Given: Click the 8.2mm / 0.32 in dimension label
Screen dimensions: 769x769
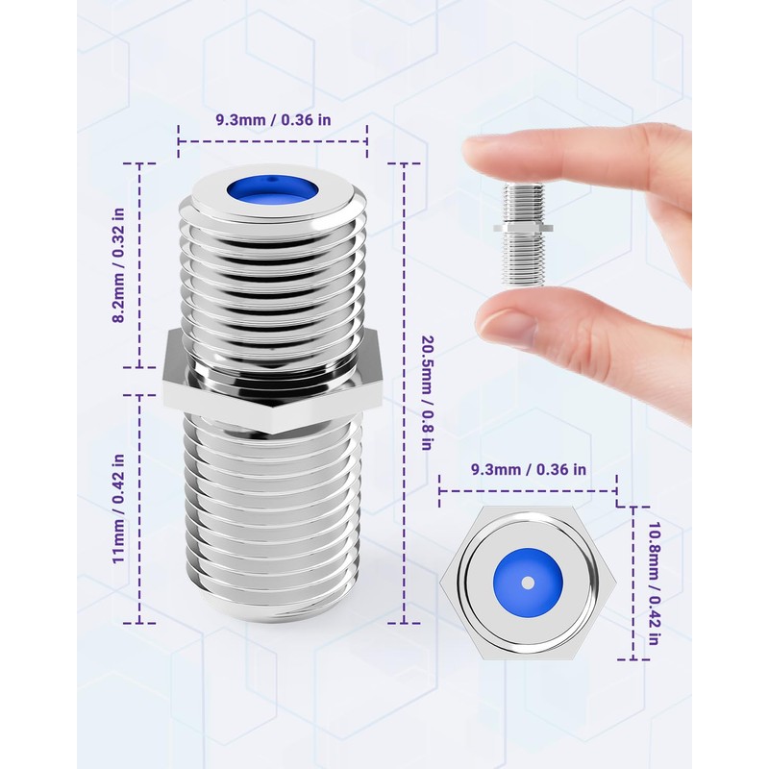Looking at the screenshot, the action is (x=118, y=265).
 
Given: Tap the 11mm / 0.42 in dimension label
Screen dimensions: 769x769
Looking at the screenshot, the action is (x=118, y=509).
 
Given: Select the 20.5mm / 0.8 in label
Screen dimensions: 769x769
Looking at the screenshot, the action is (x=427, y=393).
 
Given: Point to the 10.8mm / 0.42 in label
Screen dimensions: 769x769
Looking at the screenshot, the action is (x=654, y=583).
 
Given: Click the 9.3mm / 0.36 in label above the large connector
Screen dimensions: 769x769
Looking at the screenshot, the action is (x=274, y=120).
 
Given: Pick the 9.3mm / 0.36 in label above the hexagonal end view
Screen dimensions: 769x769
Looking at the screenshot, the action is (x=529, y=469).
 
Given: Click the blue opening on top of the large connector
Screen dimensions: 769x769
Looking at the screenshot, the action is (x=272, y=189).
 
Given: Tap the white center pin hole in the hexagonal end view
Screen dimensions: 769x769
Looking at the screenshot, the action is (x=528, y=583).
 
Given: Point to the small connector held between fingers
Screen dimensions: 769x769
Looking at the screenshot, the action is (x=523, y=234).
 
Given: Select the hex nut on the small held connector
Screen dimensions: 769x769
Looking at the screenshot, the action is (x=523, y=228).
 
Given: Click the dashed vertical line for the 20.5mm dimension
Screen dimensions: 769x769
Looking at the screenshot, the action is (x=404, y=393).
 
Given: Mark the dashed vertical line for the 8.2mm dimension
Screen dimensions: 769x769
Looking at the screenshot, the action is (x=139, y=265).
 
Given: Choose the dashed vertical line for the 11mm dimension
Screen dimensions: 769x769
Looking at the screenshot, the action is (x=139, y=509).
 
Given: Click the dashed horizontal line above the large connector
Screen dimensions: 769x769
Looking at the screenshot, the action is (x=273, y=141).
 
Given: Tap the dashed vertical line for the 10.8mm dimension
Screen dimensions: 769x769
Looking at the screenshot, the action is (x=633, y=583).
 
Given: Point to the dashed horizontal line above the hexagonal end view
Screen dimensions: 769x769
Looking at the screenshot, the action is (x=528, y=490).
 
